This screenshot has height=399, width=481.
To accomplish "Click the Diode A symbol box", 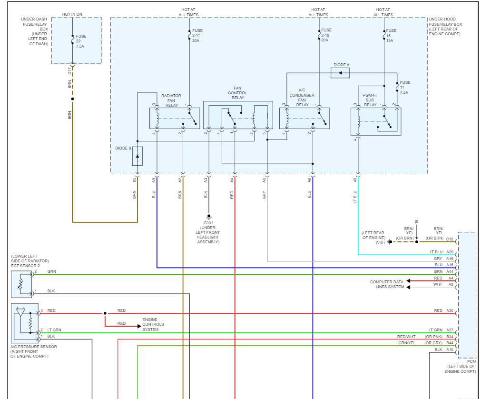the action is click(x=340, y=73).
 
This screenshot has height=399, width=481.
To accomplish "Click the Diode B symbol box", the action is click(x=137, y=156).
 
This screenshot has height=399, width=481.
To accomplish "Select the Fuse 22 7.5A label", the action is click(x=81, y=41).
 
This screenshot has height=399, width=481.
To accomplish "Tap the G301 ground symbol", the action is click(x=209, y=217).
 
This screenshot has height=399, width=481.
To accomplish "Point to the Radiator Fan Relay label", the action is click(x=171, y=100).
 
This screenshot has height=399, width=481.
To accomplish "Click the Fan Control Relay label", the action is click(x=237, y=93).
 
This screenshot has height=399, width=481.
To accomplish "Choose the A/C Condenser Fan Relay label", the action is click(x=302, y=97).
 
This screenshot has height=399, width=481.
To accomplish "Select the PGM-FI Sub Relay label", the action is click(x=370, y=100).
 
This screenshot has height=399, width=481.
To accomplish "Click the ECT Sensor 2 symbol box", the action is click(x=21, y=284).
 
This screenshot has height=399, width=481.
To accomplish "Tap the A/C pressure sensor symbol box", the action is click(x=25, y=323).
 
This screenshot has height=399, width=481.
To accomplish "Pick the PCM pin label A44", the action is click(x=450, y=271).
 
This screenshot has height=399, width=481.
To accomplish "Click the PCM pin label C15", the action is click(x=450, y=239).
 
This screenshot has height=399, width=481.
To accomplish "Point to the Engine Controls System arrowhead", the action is click(x=139, y=326).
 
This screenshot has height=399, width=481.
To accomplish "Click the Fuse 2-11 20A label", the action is click(x=197, y=36).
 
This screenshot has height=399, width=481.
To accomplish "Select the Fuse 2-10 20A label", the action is click(x=326, y=35).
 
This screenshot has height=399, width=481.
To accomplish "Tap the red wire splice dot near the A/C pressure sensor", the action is click(x=105, y=313).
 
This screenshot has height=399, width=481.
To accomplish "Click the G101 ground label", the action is click(x=381, y=243).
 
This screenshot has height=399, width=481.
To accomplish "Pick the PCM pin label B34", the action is click(x=450, y=337).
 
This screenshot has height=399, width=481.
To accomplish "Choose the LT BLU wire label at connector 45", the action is click(x=355, y=197).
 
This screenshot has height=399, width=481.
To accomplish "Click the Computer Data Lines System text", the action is click(x=387, y=284).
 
